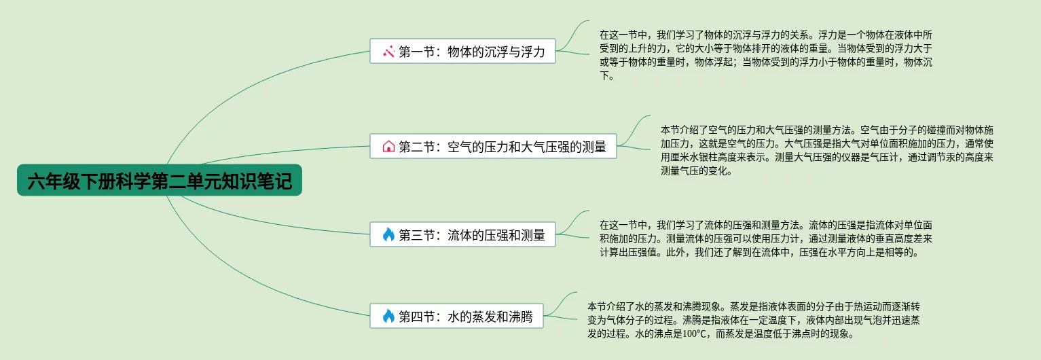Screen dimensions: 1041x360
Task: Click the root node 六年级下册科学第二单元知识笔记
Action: click(x=159, y=181)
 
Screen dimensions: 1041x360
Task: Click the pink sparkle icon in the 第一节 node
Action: click(x=388, y=52)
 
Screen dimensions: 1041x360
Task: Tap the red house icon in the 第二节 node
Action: click(x=388, y=147)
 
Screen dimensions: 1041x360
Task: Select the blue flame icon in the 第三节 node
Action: click(x=388, y=235)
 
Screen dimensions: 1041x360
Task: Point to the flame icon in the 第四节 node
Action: click(x=388, y=316)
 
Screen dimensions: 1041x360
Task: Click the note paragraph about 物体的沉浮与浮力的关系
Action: click(x=765, y=55)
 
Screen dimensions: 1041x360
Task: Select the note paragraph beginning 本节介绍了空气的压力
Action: click(x=826, y=150)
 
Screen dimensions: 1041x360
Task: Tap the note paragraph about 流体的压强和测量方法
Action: click(x=765, y=238)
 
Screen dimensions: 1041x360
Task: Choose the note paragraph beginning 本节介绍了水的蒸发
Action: click(x=753, y=320)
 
